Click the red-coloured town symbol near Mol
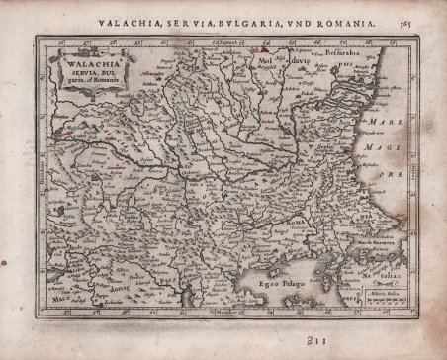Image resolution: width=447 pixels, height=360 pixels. [x=264, y=47]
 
